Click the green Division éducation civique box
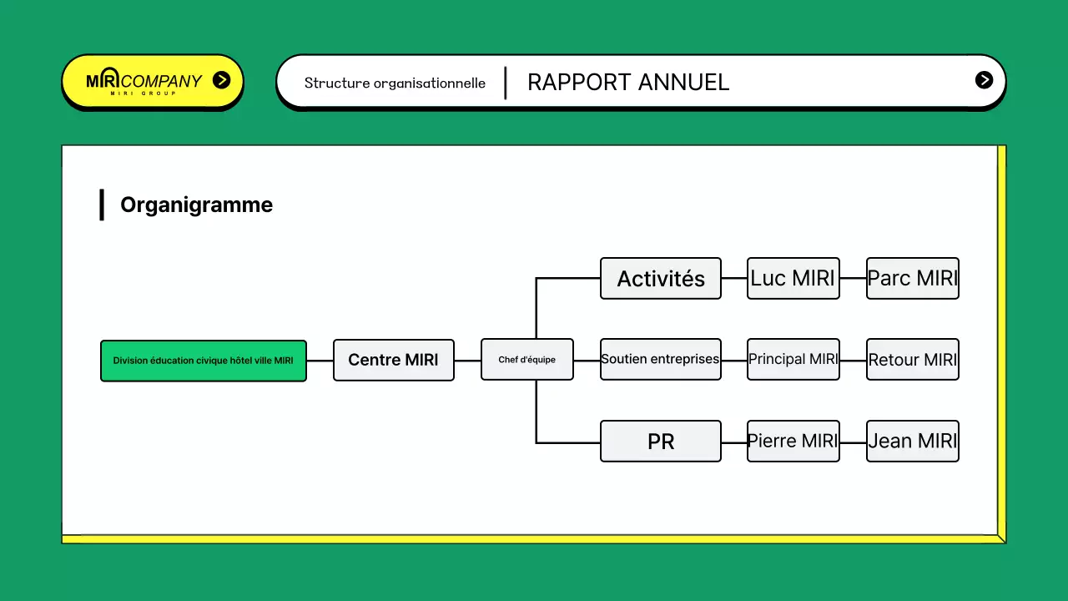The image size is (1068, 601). click(203, 361)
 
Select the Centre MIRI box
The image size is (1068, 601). click(393, 360)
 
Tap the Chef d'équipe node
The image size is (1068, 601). click(526, 360)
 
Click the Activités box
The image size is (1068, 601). click(660, 279)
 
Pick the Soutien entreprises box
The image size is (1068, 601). click(660, 359)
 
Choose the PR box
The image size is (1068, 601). click(660, 442)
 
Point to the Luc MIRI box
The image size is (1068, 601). click(793, 278)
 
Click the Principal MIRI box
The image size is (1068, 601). click(793, 359)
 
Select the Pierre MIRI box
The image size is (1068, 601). click(793, 441)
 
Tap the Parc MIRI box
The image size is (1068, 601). click(912, 278)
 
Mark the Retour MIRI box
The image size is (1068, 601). click(912, 360)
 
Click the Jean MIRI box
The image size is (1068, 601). click(912, 441)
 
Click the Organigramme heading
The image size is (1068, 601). click(196, 205)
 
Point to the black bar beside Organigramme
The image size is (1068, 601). click(102, 205)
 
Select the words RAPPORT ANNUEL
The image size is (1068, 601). click(628, 82)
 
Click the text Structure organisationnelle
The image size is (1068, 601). click(395, 83)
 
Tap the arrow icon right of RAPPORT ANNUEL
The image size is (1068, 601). click(984, 80)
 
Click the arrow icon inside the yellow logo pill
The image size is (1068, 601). click(221, 80)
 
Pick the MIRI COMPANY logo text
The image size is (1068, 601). click(144, 82)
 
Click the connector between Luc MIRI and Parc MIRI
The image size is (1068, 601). click(853, 278)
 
